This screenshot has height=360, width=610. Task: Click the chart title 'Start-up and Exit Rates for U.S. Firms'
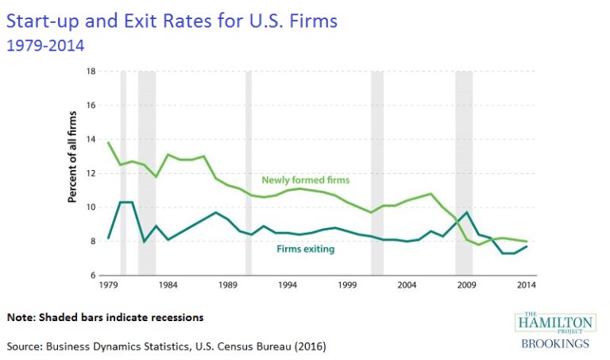pyautogui.click(x=172, y=19)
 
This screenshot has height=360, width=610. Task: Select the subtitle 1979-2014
pyautogui.click(x=45, y=45)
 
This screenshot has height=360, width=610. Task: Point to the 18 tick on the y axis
pyautogui.click(x=91, y=72)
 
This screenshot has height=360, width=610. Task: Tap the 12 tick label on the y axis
pyautogui.click(x=91, y=173)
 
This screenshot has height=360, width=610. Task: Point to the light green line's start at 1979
pyautogui.click(x=108, y=142)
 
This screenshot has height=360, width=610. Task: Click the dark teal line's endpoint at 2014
pyautogui.click(x=527, y=246)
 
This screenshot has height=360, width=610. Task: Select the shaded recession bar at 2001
pyautogui.click(x=376, y=172)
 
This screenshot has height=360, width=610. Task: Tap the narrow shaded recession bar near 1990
pyautogui.click(x=248, y=172)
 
